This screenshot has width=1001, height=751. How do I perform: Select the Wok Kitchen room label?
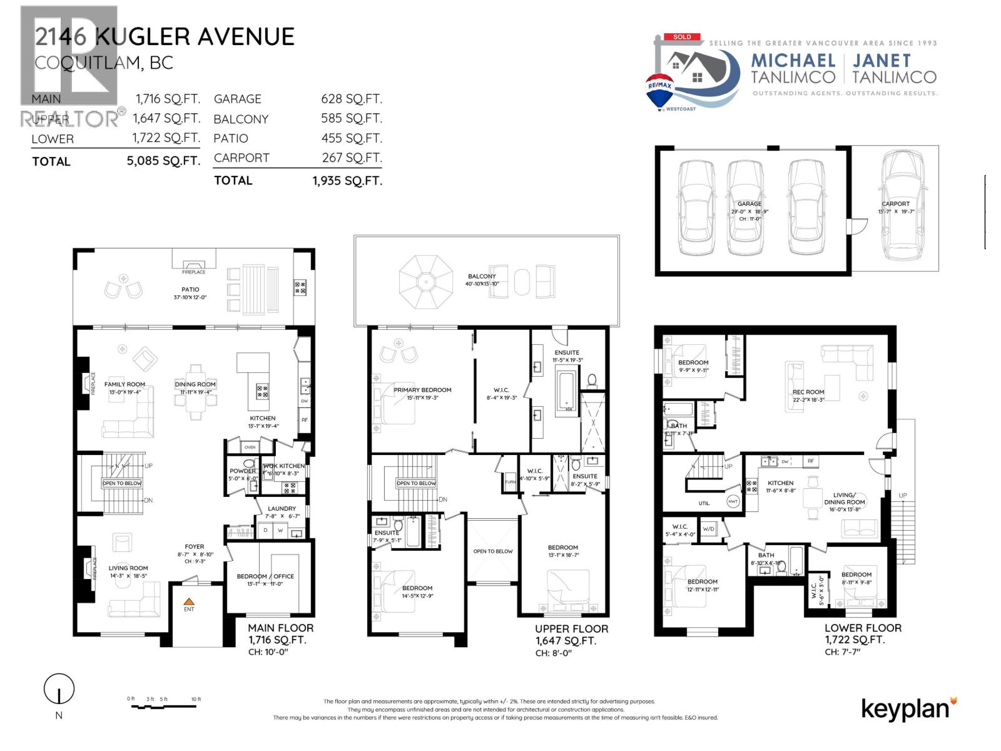click(x=283, y=466)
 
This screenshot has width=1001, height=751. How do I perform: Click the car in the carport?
click(x=902, y=207)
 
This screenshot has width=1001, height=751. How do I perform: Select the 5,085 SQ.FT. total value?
click(x=163, y=161)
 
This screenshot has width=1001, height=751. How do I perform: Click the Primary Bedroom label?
click(x=422, y=390)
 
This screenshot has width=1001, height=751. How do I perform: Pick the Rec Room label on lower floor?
click(x=808, y=392)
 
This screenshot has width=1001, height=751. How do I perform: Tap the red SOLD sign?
click(x=682, y=37)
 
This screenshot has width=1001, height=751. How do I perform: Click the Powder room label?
click(x=243, y=471)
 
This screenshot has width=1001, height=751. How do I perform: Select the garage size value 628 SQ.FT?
click(x=351, y=99)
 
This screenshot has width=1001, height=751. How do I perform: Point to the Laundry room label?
click(x=282, y=509)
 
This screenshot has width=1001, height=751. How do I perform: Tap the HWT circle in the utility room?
click(x=733, y=501)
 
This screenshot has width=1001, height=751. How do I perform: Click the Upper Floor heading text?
click(x=571, y=629)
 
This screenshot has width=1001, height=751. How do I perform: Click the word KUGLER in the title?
click(x=142, y=37)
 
